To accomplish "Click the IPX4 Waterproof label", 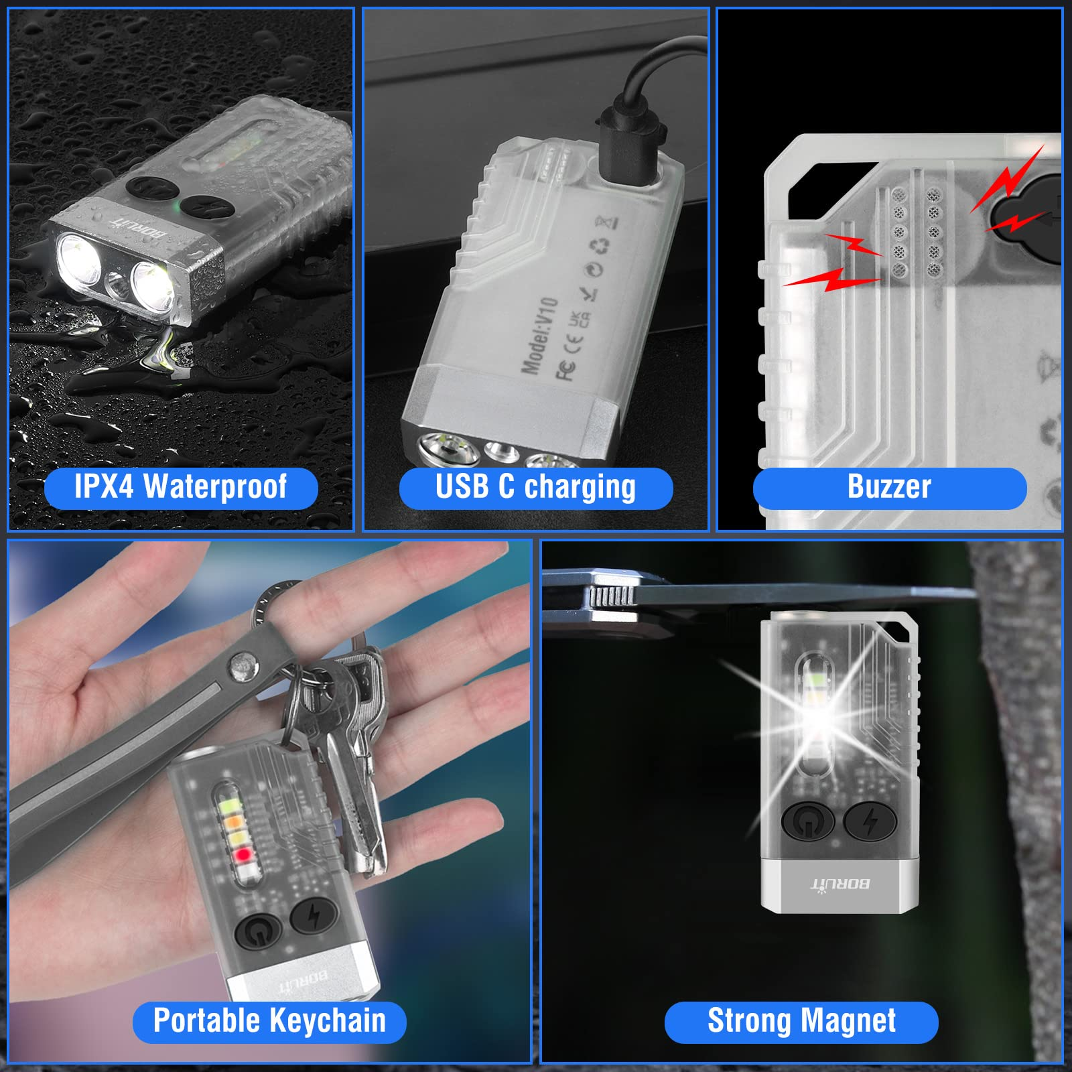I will coord(180,487).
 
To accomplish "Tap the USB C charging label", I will coord(535,488).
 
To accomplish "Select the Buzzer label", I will coord(889,488).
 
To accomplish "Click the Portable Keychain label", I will coord(269,1021).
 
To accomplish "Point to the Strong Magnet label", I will coord(801,1021).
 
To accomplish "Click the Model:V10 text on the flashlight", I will coord(539,335).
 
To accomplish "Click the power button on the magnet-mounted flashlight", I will coord(807,821).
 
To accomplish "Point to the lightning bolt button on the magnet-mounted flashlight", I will coord(870,821).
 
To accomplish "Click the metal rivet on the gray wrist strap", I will coord(243,667).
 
